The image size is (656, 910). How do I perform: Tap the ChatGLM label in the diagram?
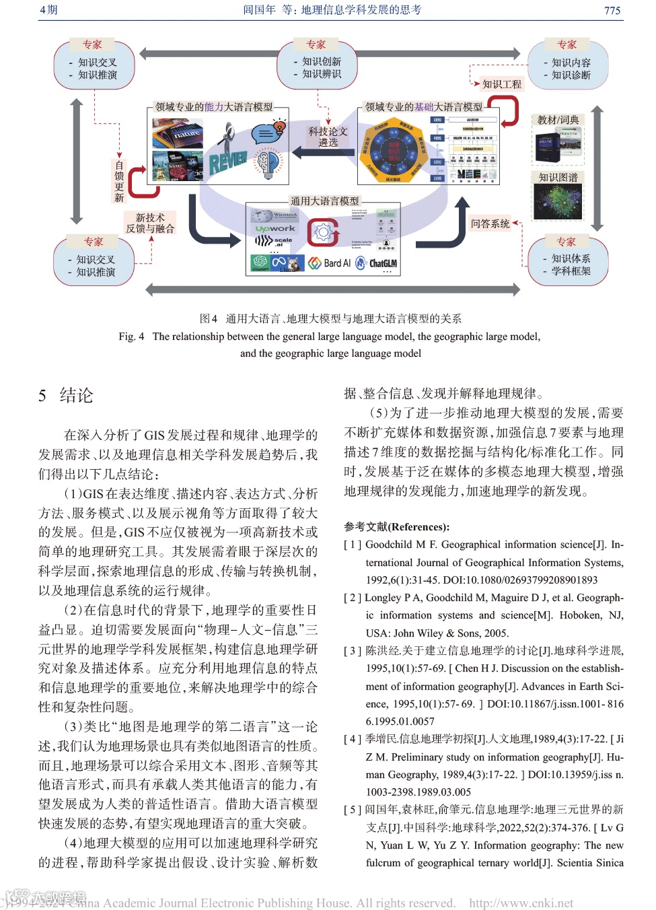(x=383, y=263)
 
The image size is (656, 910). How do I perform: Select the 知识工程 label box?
(x=501, y=84)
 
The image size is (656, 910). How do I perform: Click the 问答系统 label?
(x=490, y=223)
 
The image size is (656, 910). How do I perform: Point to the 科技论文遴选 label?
(x=328, y=137)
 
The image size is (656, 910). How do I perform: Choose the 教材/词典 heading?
(x=558, y=120)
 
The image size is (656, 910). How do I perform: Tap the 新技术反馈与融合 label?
(x=149, y=223)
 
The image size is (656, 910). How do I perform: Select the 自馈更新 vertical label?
(x=119, y=181)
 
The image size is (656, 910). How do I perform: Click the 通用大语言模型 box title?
(x=324, y=201)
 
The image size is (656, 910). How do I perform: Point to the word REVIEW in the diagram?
(x=228, y=162)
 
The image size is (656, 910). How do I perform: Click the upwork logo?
(x=275, y=229)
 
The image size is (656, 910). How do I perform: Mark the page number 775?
(x=612, y=10)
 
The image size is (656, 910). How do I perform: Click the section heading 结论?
(x=76, y=396)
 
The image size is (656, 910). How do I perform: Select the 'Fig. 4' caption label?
(x=131, y=337)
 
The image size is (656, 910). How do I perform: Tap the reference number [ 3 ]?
(x=353, y=651)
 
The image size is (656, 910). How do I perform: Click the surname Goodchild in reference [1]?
(x=389, y=545)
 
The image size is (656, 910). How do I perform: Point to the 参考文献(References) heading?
(x=396, y=527)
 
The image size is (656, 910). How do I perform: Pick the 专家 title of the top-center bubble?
(x=316, y=44)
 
